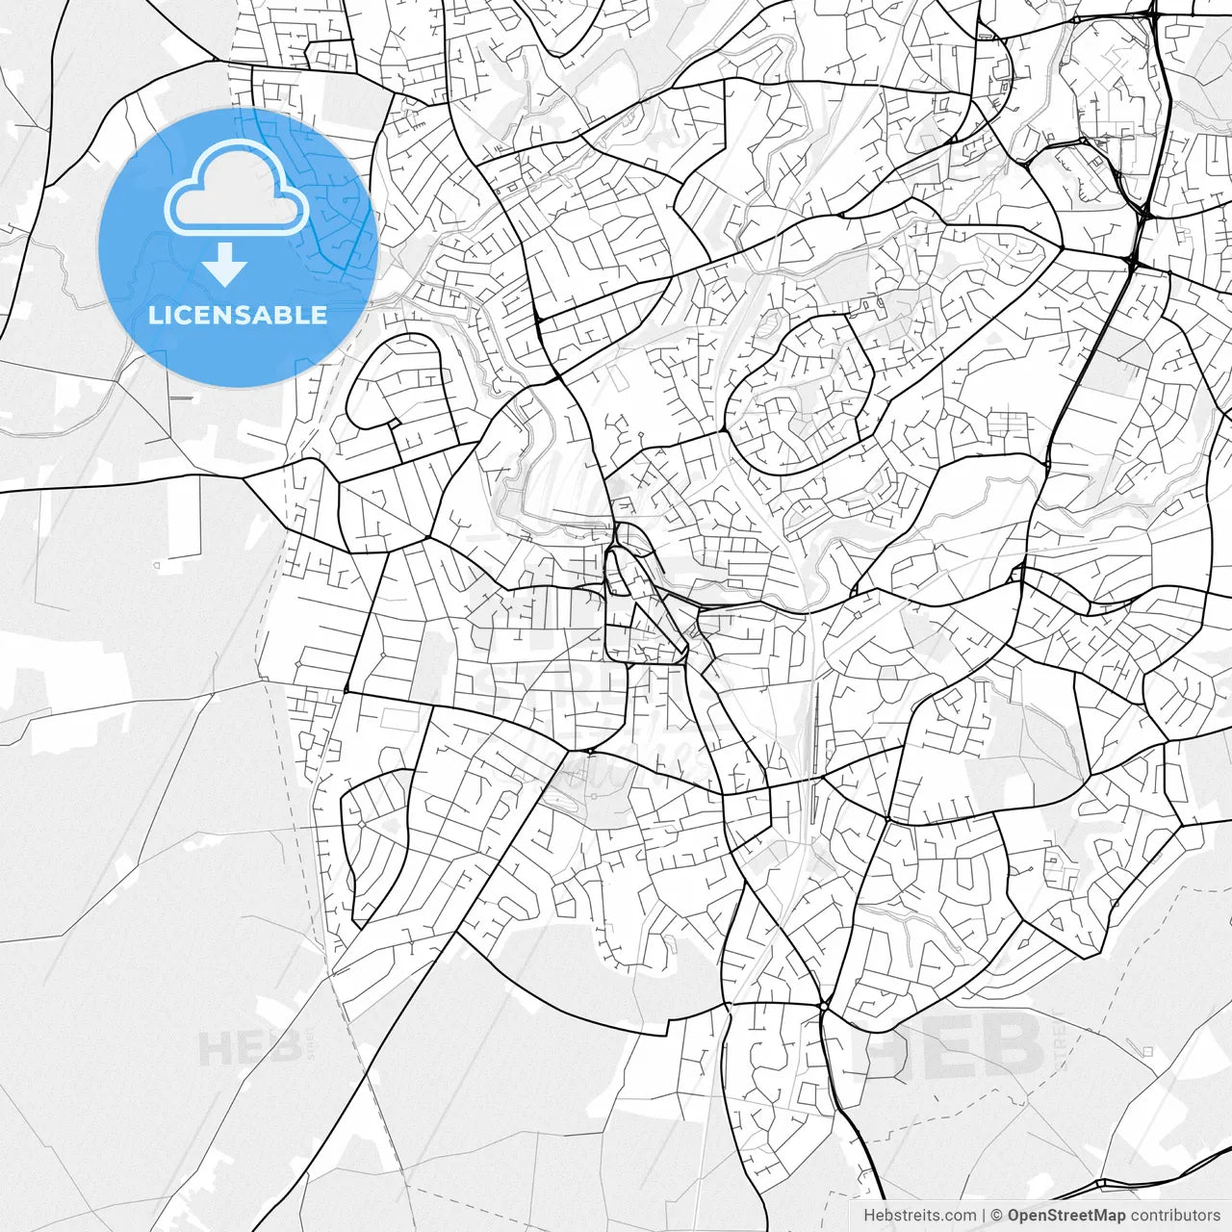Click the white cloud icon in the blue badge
[x=237, y=188]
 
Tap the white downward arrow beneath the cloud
[x=225, y=264]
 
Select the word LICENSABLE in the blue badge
[x=237, y=315]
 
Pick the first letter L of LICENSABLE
[x=155, y=315]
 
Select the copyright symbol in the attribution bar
[x=997, y=1216]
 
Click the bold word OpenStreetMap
[x=1065, y=1216]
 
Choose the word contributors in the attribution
[x=1174, y=1216]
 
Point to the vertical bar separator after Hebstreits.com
[x=984, y=1216]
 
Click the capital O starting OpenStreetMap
[x=1014, y=1216]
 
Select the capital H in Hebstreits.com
[x=869, y=1216]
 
